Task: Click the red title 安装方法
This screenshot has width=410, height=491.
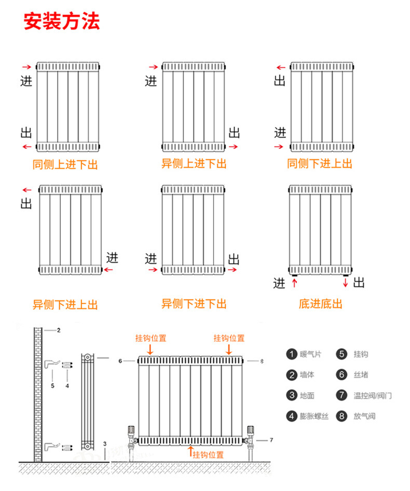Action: tap(62, 22)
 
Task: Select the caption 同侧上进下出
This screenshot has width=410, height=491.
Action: tap(65, 165)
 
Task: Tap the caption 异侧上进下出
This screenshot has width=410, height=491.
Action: tap(194, 164)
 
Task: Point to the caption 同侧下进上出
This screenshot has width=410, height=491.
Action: tap(320, 164)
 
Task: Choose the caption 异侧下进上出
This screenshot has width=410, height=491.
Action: tap(65, 305)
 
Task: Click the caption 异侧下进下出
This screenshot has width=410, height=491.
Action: tap(194, 304)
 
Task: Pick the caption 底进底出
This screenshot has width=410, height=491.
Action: tap(320, 304)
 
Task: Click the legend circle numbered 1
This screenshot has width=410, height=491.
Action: tap(291, 354)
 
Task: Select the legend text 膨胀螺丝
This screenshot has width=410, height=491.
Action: tap(314, 416)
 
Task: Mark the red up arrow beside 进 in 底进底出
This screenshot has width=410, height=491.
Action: tap(295, 282)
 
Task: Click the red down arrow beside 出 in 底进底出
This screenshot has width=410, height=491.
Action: tap(345, 282)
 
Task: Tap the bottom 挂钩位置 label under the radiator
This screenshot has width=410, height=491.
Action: tap(208, 455)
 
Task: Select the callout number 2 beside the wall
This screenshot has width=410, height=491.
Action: tap(59, 330)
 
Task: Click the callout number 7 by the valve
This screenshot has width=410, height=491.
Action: tap(271, 440)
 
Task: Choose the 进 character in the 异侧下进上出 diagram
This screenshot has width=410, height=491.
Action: tap(112, 257)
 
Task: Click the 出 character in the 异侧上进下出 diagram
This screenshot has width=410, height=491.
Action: tap(235, 132)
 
